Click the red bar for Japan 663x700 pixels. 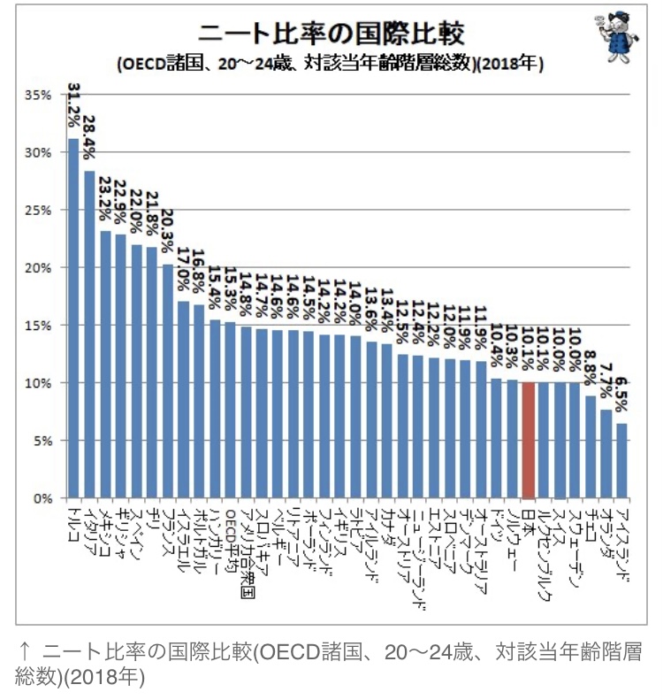click(x=528, y=440)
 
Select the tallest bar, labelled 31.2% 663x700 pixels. click(x=73, y=319)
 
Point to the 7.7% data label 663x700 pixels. click(x=606, y=381)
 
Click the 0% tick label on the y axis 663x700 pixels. click(x=43, y=498)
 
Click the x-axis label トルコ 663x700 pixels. click(x=73, y=522)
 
